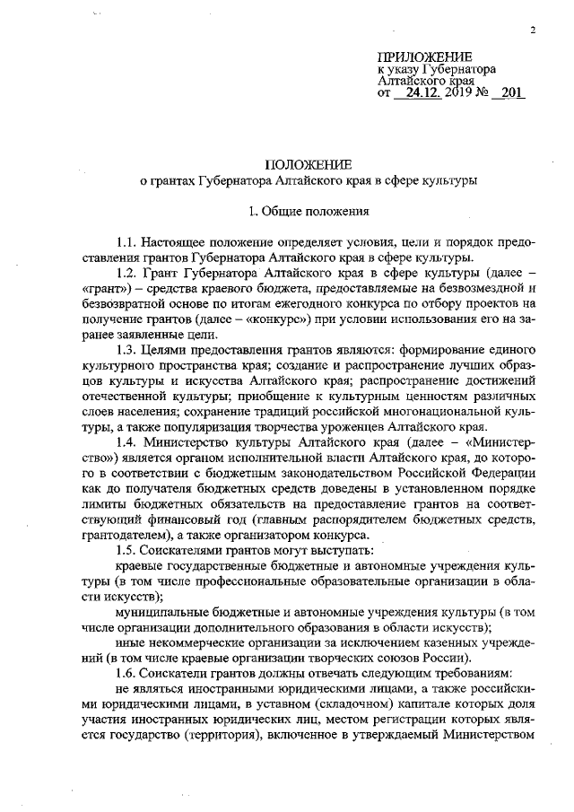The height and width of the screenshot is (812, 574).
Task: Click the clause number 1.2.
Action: click(x=128, y=271)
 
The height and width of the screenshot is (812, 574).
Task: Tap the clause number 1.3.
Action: click(x=128, y=346)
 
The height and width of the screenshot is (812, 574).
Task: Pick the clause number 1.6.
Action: click(x=128, y=673)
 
